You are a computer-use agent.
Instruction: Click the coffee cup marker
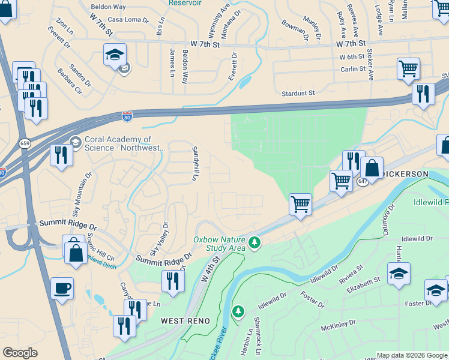(62, 289)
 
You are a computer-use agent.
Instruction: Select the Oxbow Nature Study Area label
(219, 244)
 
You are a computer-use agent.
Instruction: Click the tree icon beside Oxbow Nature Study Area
(255, 242)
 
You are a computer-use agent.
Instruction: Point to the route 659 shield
(25, 143)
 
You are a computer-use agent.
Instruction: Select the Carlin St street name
(352, 69)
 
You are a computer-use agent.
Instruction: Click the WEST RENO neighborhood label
(185, 321)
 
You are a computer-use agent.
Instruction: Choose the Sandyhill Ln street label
(194, 163)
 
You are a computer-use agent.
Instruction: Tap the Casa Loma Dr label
(128, 20)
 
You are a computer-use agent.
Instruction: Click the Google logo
(20, 353)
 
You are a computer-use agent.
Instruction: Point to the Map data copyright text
(412, 355)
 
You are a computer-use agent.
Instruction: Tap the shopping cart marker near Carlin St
(408, 68)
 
